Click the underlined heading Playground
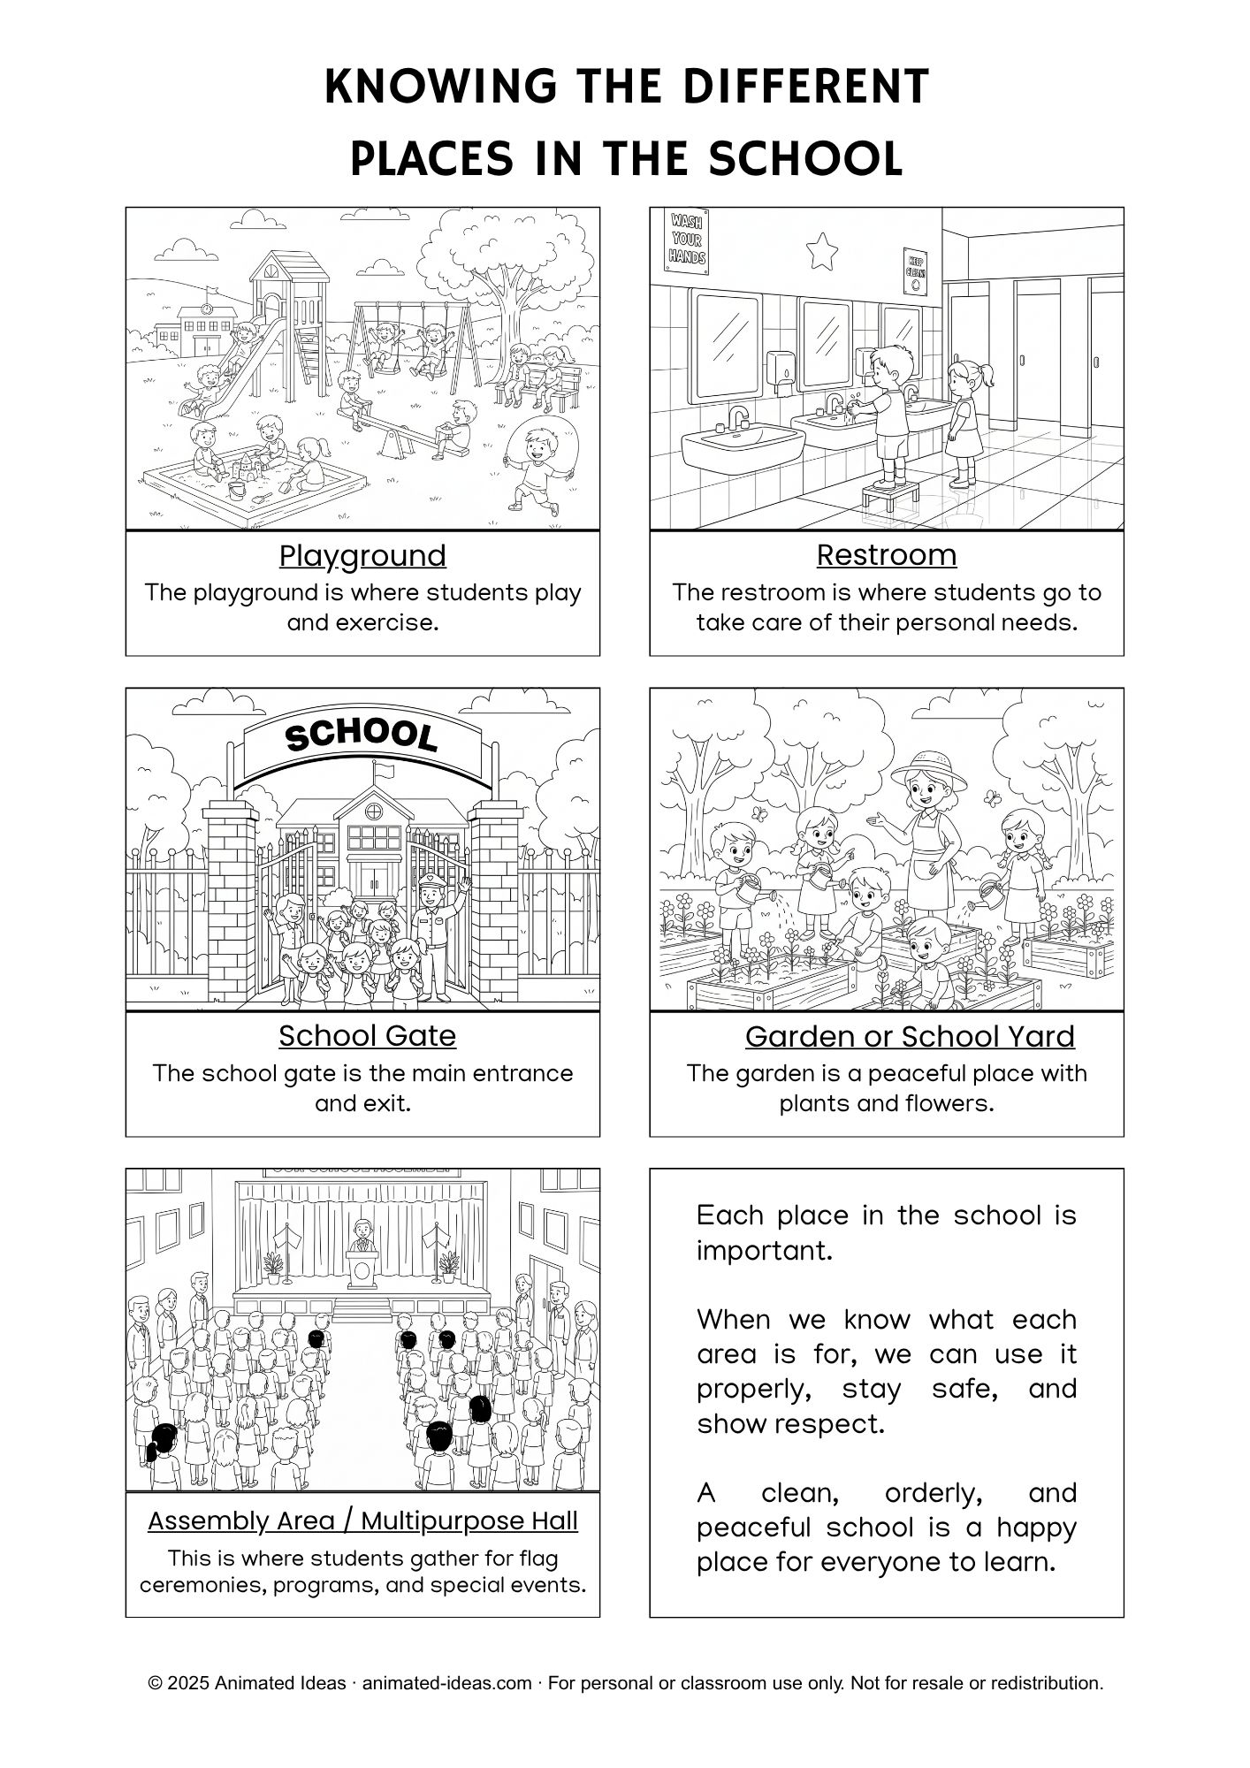coord(362,556)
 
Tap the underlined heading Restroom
coord(886,555)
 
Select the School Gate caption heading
coord(367,1036)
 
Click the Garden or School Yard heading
coord(910,1036)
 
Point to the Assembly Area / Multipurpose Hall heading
coord(362,1520)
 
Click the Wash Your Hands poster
coord(687,239)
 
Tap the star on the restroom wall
coord(823,250)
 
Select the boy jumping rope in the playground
coord(534,469)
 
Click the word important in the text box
coord(764,1251)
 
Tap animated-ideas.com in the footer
coord(446,1683)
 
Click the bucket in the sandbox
coord(236,488)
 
